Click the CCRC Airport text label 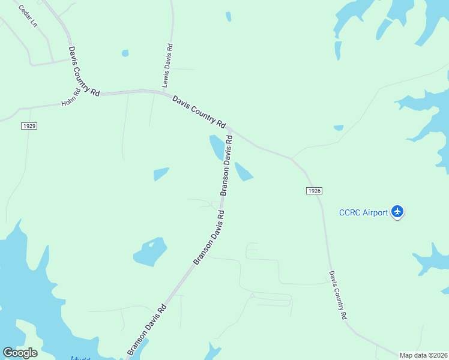pyautogui.click(x=364, y=212)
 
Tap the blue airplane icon pyautogui.click(x=397, y=212)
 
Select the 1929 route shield pyautogui.click(x=29, y=125)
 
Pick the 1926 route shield pyautogui.click(x=314, y=190)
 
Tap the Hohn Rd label pyautogui.click(x=70, y=98)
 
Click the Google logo pyautogui.click(x=20, y=353)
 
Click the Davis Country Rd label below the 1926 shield pyautogui.click(x=338, y=295)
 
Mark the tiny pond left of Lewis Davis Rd pyautogui.click(x=125, y=53)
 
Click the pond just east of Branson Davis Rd pyautogui.click(x=244, y=172)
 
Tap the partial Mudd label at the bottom pyautogui.click(x=80, y=358)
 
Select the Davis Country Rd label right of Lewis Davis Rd pyautogui.click(x=199, y=112)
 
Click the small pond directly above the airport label pyautogui.click(x=339, y=127)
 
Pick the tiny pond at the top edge pyautogui.click(x=228, y=17)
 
